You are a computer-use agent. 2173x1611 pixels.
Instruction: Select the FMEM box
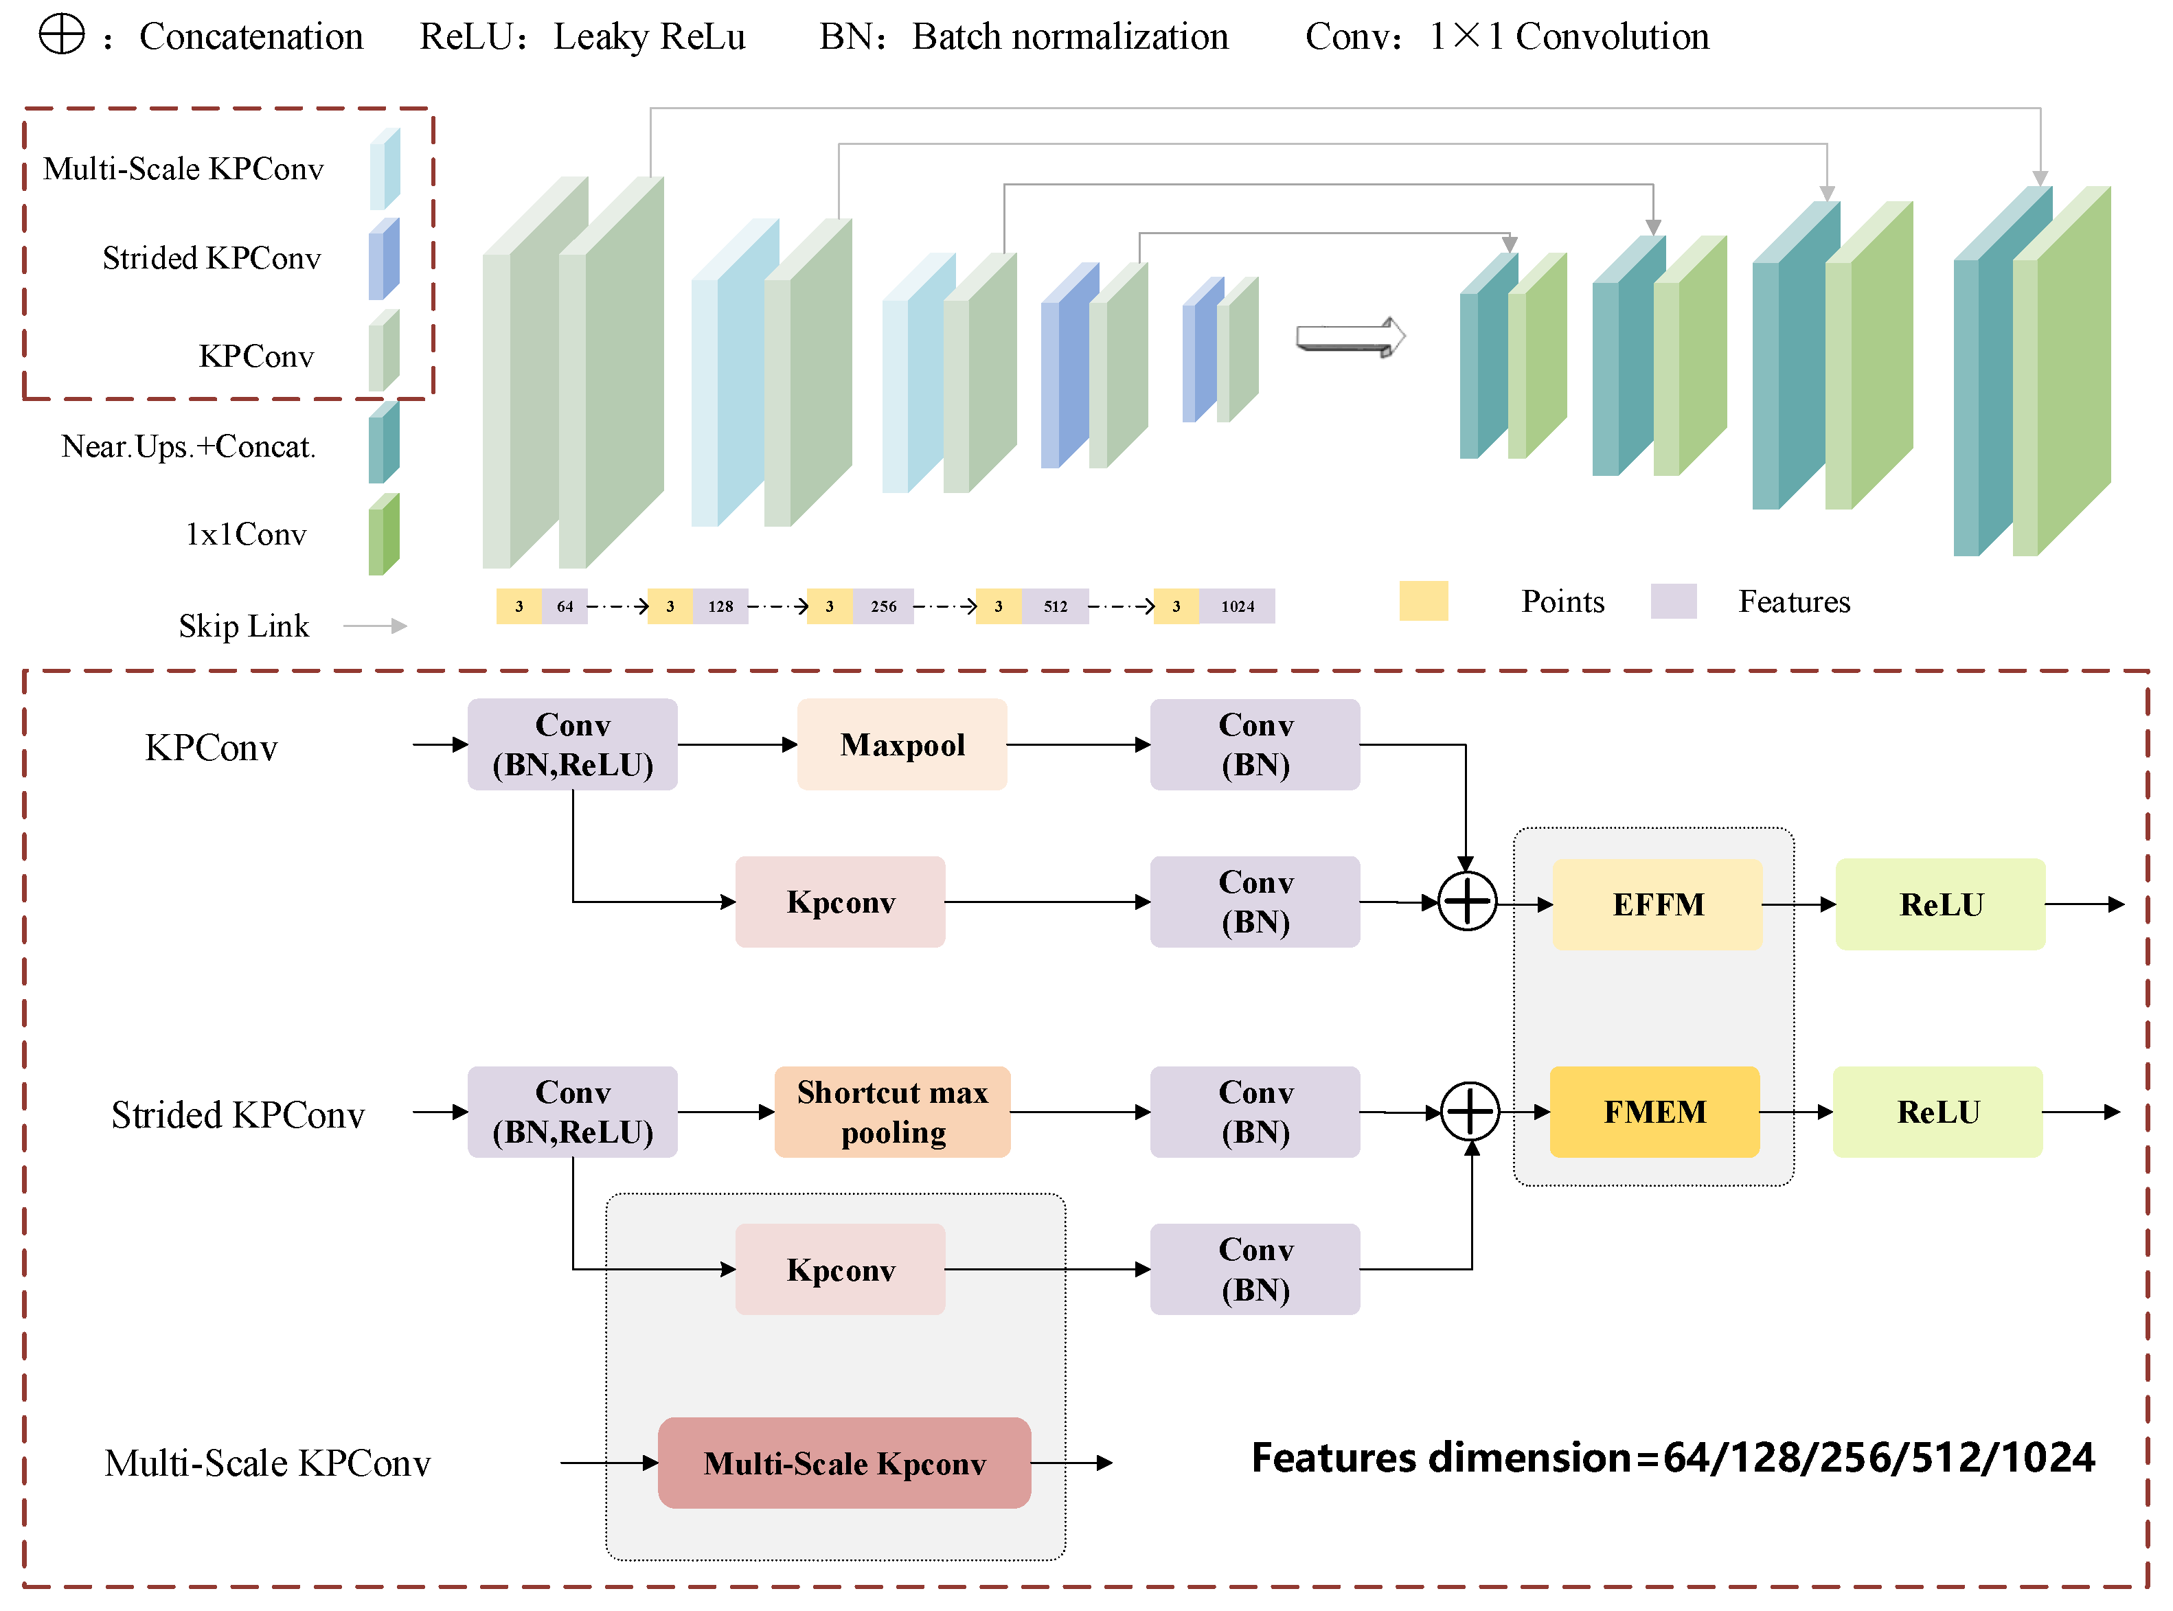(x=1654, y=1112)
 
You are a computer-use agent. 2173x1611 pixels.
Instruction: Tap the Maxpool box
(x=902, y=744)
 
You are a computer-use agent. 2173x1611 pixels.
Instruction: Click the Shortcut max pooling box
(x=891, y=1112)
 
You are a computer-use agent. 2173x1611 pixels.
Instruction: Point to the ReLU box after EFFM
(x=1940, y=904)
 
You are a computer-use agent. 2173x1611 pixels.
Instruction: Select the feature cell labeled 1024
(x=1237, y=606)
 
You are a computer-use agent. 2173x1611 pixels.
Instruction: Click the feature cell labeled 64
(x=565, y=606)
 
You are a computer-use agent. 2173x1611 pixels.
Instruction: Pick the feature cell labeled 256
(x=884, y=606)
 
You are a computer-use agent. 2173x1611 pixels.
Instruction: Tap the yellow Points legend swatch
(x=1423, y=601)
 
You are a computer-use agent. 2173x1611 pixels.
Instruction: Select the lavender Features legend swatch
(x=1674, y=601)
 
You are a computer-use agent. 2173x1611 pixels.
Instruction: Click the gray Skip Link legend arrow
(x=376, y=626)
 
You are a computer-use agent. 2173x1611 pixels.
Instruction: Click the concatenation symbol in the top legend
(x=61, y=35)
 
